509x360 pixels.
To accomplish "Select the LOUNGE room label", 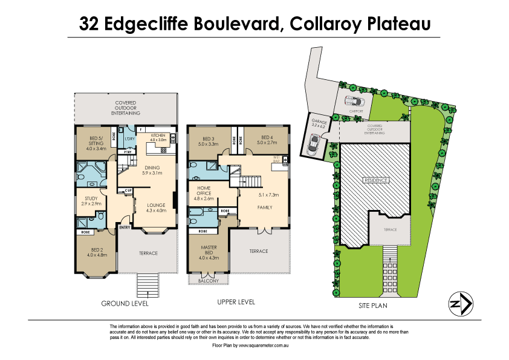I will coord(157,208).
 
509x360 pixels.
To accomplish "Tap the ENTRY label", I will coord(125,227).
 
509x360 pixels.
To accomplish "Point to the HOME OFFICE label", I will coord(204,193).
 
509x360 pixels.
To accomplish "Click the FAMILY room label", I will coord(264,208).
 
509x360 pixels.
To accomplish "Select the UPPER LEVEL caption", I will coord(235,301).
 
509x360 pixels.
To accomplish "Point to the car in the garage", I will coord(314,144).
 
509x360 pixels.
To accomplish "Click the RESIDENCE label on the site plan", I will coord(375,181).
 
